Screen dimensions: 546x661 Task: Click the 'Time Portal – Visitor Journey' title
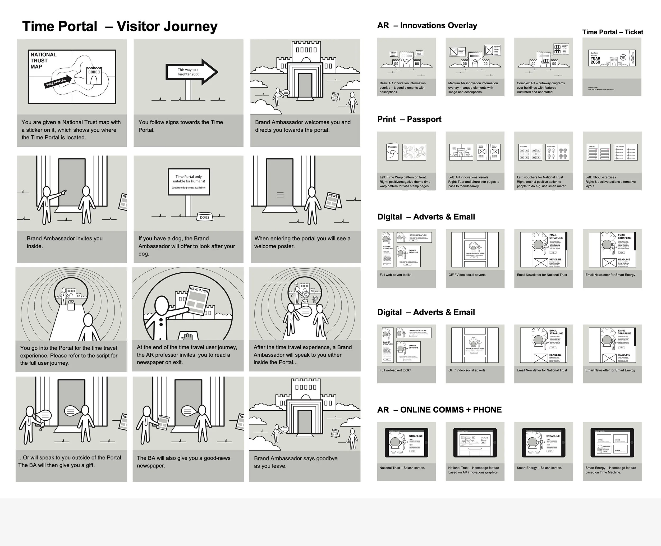pos(120,26)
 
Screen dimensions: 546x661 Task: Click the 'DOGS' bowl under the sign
pos(204,217)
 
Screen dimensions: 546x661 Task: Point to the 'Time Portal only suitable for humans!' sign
pos(189,182)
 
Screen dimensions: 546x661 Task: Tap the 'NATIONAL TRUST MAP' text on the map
pos(43,60)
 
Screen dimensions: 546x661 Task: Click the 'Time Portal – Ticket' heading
pos(612,32)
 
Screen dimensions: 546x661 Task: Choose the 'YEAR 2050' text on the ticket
pos(595,60)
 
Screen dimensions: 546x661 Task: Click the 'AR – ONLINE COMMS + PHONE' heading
pos(439,410)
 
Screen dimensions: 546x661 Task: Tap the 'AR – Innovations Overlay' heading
pos(427,25)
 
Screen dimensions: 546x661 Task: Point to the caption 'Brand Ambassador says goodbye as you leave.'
pos(296,462)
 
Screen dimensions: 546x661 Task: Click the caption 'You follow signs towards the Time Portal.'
pos(181,126)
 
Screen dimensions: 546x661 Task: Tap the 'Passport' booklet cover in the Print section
pos(392,152)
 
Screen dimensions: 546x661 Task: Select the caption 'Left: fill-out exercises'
pos(601,177)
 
